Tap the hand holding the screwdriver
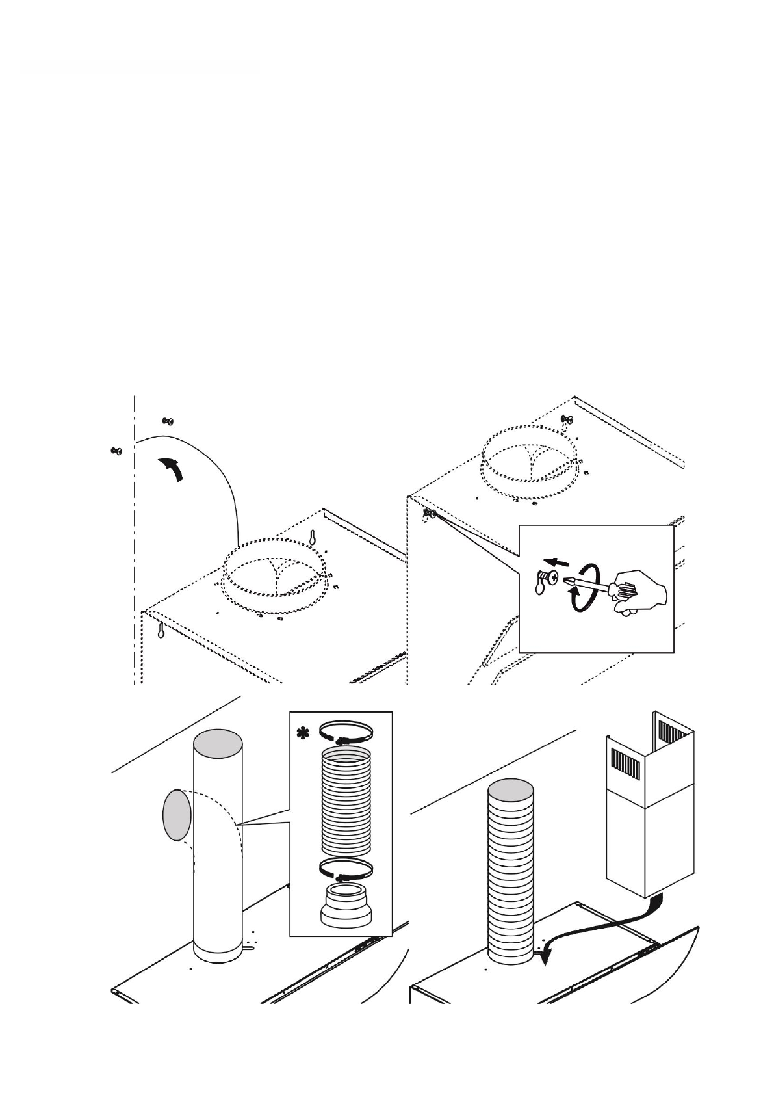click(x=640, y=592)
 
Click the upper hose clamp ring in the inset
click(x=346, y=732)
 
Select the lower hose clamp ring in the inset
click(x=346, y=869)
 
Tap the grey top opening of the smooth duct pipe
click(x=218, y=742)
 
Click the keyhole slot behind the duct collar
click(x=313, y=537)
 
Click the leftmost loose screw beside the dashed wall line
click(x=117, y=451)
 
